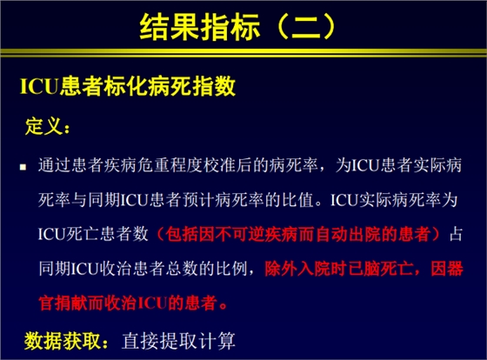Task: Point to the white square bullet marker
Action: (25, 164)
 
